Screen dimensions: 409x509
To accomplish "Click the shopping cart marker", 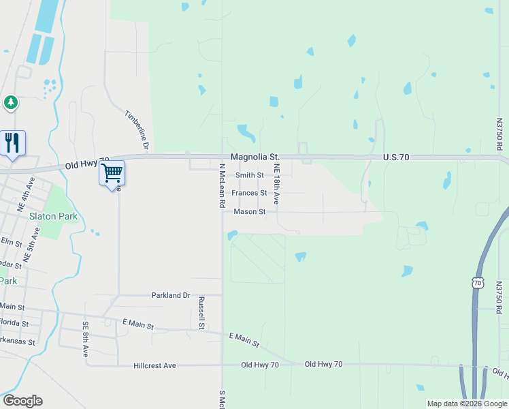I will pyautogui.click(x=112, y=172).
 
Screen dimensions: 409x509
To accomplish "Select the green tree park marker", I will pyautogui.click(x=10, y=103).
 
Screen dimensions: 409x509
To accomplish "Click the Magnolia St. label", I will pyautogui.click(x=255, y=157).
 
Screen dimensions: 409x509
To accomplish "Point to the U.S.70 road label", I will pyautogui.click(x=395, y=157).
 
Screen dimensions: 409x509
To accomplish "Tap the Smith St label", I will pyautogui.click(x=250, y=175).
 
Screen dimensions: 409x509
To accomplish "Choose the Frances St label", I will pyautogui.click(x=249, y=193).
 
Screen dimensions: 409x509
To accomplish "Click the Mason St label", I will pyautogui.click(x=249, y=211).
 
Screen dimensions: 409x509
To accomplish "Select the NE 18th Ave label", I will pyautogui.click(x=277, y=184).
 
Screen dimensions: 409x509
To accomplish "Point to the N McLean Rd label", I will pyautogui.click(x=222, y=185).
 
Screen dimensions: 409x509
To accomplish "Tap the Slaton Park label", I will pyautogui.click(x=53, y=217).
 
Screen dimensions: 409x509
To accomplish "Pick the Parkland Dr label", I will pyautogui.click(x=170, y=295).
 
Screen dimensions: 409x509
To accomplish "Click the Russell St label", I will pyautogui.click(x=201, y=313).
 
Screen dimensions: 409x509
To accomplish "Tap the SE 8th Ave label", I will pyautogui.click(x=86, y=339).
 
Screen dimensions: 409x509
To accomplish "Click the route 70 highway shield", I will pyautogui.click(x=477, y=282).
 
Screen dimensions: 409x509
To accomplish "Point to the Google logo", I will pyautogui.click(x=22, y=401).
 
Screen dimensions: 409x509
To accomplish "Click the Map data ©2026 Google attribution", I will pyautogui.click(x=467, y=404).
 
